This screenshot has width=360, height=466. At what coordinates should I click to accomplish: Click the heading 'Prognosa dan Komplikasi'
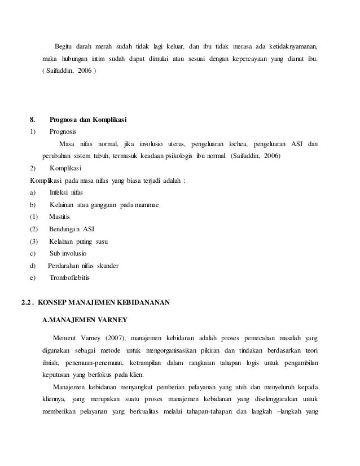(88, 120)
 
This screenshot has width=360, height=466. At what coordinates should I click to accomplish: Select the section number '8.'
(33, 120)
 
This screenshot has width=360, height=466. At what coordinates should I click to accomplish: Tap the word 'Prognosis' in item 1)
(64, 131)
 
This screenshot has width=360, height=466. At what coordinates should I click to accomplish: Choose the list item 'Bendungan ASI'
(72, 229)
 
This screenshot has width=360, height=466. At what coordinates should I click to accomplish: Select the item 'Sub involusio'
(68, 253)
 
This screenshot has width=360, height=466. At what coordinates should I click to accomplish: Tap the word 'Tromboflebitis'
(69, 278)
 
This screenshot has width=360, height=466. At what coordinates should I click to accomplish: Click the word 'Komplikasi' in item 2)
(65, 168)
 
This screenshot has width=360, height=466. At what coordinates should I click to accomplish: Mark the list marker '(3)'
(33, 241)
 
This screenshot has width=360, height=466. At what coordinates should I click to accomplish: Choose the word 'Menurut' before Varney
(65, 338)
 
